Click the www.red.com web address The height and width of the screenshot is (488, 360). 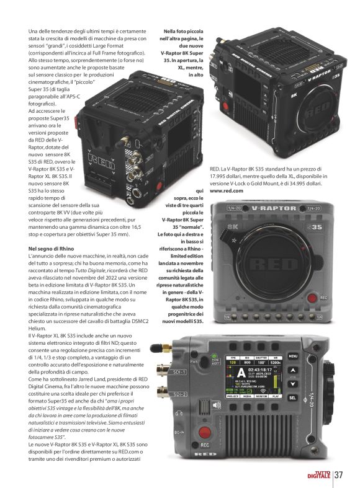227,191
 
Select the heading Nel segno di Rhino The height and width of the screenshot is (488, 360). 51,249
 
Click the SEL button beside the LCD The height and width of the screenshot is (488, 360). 292,397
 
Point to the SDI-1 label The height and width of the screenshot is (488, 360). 179,372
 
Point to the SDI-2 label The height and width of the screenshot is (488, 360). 179,394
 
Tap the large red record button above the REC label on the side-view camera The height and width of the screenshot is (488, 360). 205,432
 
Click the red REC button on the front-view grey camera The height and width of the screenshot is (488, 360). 312,298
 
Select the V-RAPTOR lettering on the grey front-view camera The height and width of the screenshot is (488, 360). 274,208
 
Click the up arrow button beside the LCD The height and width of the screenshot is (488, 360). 292,370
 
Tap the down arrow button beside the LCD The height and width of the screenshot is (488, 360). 292,384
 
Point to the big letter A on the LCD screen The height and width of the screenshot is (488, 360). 241,373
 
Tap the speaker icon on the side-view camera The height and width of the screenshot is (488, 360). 216,405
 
